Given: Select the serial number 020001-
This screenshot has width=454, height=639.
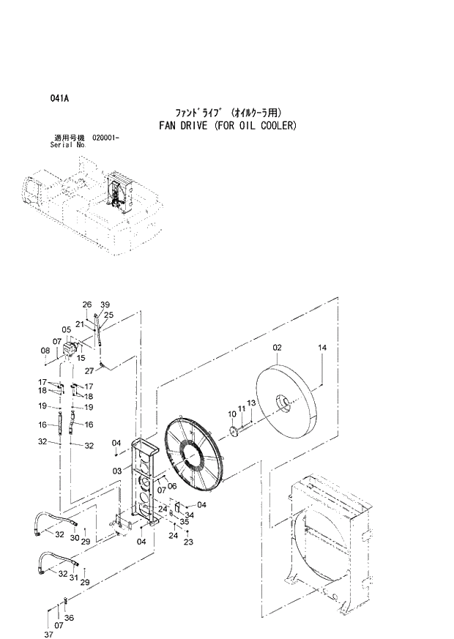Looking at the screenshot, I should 106,138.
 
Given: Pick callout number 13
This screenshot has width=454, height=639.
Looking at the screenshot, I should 250,403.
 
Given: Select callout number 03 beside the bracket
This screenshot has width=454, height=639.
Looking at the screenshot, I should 116,471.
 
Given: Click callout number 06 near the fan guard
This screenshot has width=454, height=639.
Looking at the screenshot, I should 171,485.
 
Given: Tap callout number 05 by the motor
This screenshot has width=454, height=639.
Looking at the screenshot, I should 66,329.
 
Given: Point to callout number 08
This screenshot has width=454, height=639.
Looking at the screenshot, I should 45,351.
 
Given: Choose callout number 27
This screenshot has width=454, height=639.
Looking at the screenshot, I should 89,370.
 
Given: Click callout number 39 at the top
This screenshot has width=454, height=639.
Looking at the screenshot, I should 105,304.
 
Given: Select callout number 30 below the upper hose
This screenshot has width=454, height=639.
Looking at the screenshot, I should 73,539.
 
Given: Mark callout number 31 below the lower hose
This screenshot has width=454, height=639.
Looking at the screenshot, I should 73,578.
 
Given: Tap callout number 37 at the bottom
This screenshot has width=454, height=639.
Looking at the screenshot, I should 48,634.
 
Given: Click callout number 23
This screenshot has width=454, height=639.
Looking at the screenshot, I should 188,542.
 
